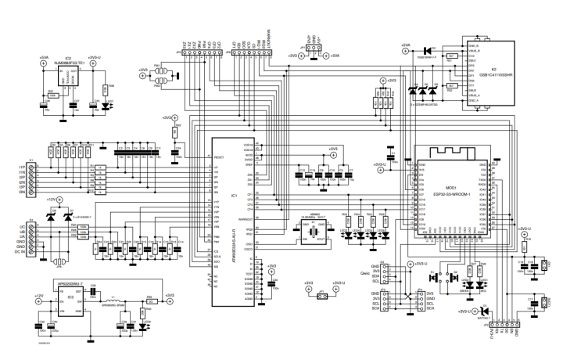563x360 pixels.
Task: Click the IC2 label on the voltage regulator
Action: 69,58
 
